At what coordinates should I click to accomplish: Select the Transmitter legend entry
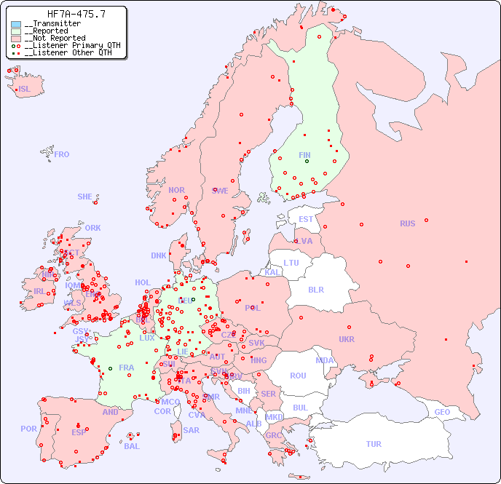coord(55,24)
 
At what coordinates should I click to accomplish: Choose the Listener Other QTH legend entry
coord(66,52)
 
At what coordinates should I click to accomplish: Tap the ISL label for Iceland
coord(25,90)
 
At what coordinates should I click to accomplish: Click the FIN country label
coord(304,155)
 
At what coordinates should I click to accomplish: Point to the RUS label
coord(407,223)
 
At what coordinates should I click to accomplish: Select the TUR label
coord(374,444)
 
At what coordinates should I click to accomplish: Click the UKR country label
coord(347,339)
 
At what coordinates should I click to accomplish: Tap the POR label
coord(28,429)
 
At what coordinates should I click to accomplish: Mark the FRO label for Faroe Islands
coord(62,154)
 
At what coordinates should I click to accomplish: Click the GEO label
coord(442,412)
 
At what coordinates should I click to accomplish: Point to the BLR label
coord(315,289)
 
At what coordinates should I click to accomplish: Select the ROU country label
coord(298,376)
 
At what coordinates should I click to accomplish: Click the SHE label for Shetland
coord(85,197)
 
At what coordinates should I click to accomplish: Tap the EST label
coord(306,219)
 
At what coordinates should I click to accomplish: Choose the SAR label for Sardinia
coord(191,430)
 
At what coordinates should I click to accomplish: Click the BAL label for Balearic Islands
coord(132,446)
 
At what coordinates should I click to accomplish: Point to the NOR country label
coord(176,190)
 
